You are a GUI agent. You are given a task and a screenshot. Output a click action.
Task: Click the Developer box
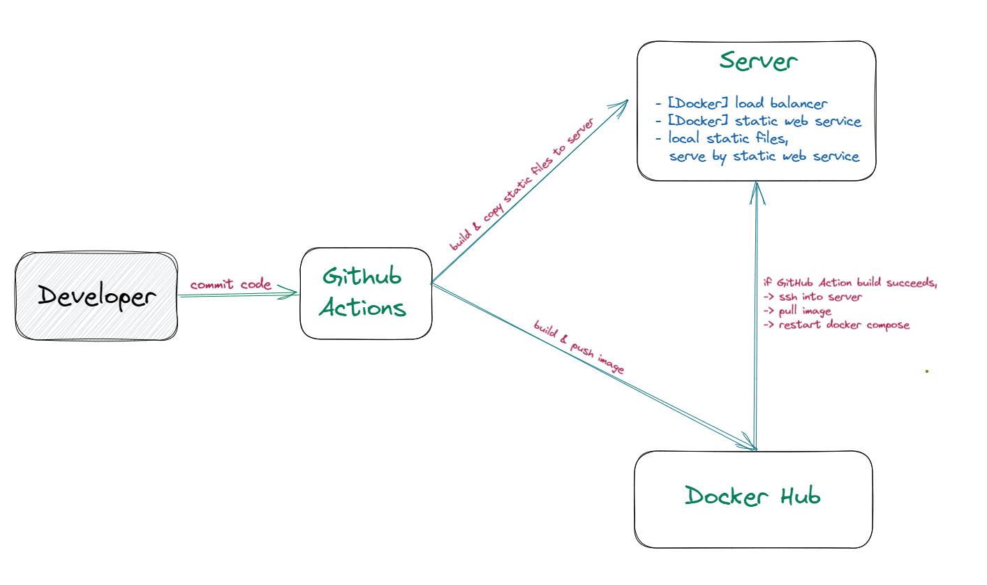pyautogui.click(x=96, y=297)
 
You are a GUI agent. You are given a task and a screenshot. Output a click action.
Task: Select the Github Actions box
pyautogui.click(x=366, y=293)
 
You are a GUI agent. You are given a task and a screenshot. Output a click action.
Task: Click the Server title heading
pyautogui.click(x=758, y=61)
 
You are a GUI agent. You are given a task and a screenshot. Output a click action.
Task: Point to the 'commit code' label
pyautogui.click(x=230, y=284)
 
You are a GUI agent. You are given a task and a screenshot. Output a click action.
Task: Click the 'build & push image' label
pyautogui.click(x=578, y=348)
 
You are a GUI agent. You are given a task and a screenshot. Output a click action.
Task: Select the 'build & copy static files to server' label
pyautogui.click(x=521, y=185)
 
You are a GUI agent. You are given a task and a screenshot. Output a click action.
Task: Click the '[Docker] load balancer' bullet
pyautogui.click(x=741, y=104)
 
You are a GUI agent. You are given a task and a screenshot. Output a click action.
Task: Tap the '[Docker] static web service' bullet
pyautogui.click(x=759, y=121)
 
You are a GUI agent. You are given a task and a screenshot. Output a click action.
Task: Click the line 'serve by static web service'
pyautogui.click(x=764, y=156)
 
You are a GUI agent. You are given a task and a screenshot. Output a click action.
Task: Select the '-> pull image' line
pyautogui.click(x=796, y=311)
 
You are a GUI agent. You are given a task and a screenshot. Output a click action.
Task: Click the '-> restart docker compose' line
pyautogui.click(x=836, y=325)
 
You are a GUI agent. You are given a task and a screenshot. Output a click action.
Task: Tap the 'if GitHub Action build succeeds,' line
pyautogui.click(x=849, y=283)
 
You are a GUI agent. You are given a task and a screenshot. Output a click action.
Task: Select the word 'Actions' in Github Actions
pyautogui.click(x=363, y=308)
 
